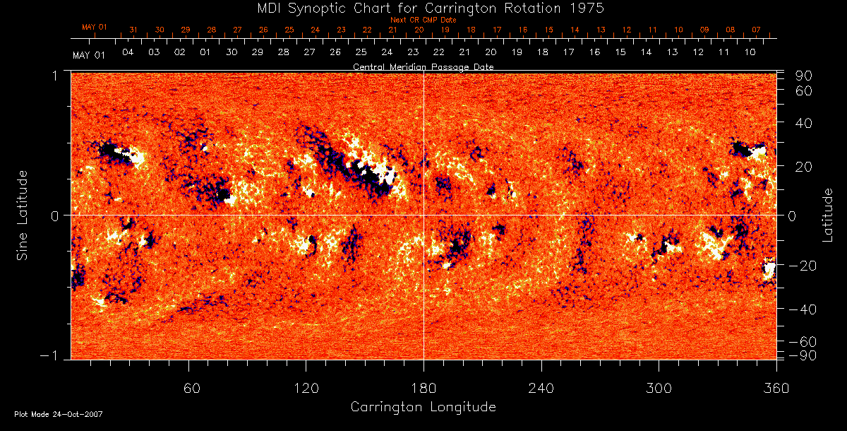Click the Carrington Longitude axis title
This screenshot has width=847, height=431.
423,407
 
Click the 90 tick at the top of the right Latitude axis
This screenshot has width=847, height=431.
805,76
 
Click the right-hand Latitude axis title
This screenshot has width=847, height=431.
827,215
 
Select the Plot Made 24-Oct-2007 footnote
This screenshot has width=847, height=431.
59,414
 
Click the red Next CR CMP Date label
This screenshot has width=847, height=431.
423,20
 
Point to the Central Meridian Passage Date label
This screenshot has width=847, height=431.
423,67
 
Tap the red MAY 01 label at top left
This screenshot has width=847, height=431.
94,27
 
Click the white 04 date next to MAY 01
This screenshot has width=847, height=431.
128,53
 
